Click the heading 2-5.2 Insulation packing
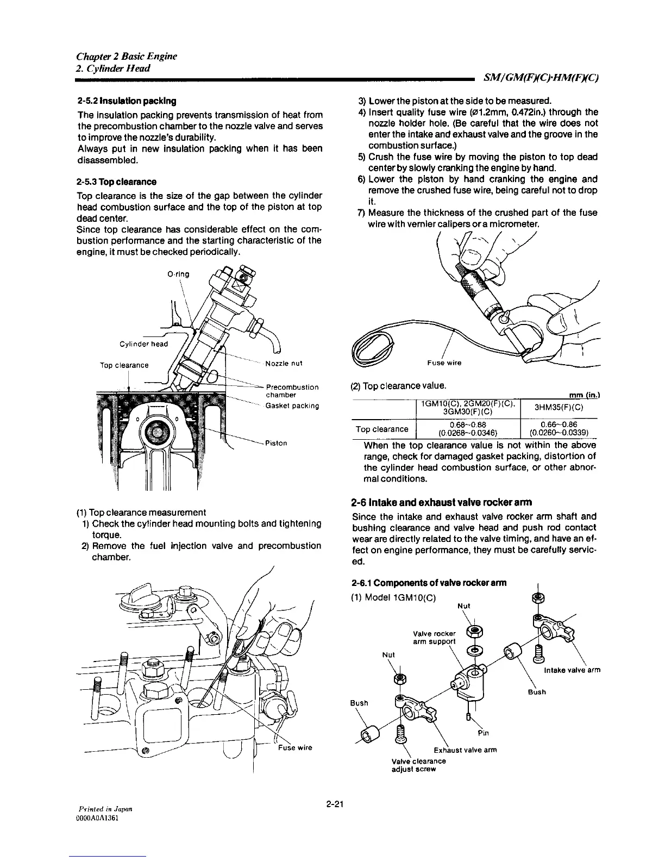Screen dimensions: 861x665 (126, 101)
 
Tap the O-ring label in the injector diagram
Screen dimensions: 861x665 (178, 274)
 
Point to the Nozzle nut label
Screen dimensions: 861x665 (284, 364)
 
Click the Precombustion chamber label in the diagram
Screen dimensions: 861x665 (292, 391)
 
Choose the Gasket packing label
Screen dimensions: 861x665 (292, 405)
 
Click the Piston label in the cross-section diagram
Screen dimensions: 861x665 (277, 443)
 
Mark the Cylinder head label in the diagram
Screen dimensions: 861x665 (143, 344)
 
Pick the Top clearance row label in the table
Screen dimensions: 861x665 (382, 429)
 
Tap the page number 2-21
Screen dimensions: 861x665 (337, 805)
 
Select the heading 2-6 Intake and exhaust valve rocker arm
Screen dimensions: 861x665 (442, 502)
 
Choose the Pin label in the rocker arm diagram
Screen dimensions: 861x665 (485, 732)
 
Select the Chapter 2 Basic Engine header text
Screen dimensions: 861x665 (126, 57)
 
